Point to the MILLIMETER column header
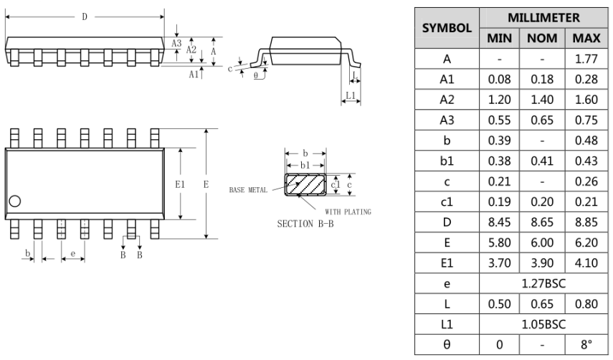coord(542,16)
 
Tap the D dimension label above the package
coord(85,15)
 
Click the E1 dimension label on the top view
coord(181,184)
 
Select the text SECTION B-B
coord(305,224)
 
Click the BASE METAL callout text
coord(247,190)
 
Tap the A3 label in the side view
coord(176,43)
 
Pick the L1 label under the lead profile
coord(350,95)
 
